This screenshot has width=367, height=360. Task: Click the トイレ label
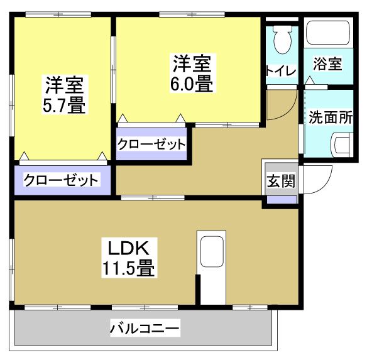(281, 70)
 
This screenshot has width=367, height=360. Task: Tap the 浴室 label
(328, 63)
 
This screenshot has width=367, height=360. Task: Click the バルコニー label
(145, 327)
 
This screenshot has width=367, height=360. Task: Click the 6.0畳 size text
(192, 84)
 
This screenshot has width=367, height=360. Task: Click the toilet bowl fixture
(282, 41)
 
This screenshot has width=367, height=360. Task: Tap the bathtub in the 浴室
(327, 31)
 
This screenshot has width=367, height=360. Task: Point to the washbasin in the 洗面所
(343, 145)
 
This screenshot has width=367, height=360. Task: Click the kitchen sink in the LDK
(212, 254)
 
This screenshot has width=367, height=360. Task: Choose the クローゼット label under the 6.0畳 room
(152, 144)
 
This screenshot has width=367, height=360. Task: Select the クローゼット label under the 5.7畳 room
(61, 180)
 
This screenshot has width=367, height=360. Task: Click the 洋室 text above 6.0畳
(192, 63)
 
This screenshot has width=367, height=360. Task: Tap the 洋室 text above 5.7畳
(64, 84)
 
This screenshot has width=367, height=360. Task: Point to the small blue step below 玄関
(281, 200)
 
